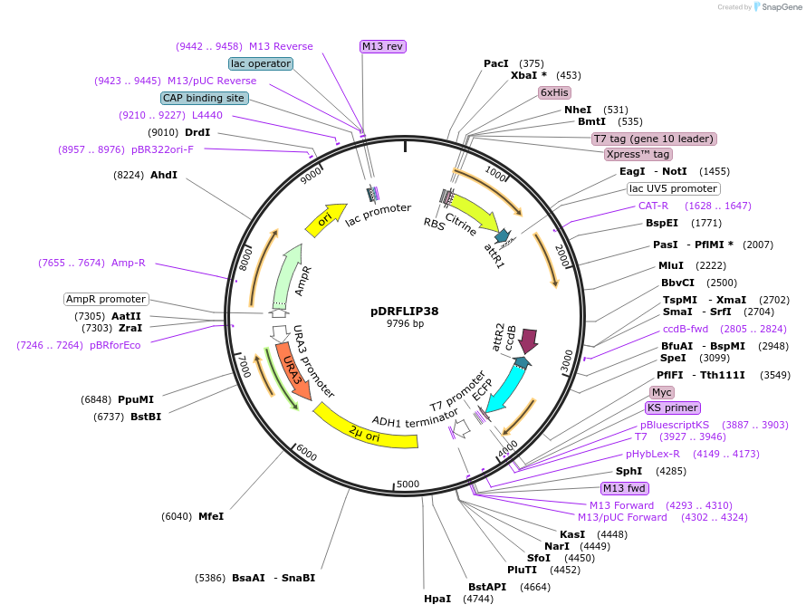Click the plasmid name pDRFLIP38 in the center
pyautogui.click(x=405, y=311)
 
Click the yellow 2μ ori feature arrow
pyautogui.click(x=366, y=430)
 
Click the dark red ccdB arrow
pyautogui.click(x=528, y=341)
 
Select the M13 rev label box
pyautogui.click(x=382, y=46)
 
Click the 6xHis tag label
pyautogui.click(x=554, y=92)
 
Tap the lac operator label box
pyautogui.click(x=261, y=63)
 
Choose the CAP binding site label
pyautogui.click(x=204, y=98)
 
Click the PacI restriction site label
pyautogui.click(x=496, y=63)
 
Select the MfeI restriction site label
pyautogui.click(x=211, y=516)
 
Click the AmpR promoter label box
pyautogui.click(x=105, y=299)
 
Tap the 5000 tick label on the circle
pyautogui.click(x=409, y=484)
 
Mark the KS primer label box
pyautogui.click(x=673, y=408)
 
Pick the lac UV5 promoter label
pyautogui.click(x=673, y=188)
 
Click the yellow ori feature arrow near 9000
pyautogui.click(x=326, y=219)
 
